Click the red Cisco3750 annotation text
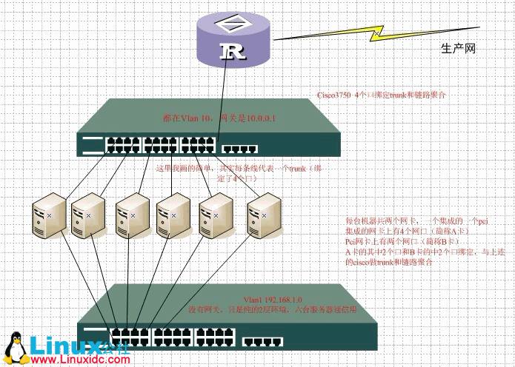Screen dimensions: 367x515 pos(381,96)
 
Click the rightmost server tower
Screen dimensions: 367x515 pos(264,209)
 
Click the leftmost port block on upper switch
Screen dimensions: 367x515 pos(124,144)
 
